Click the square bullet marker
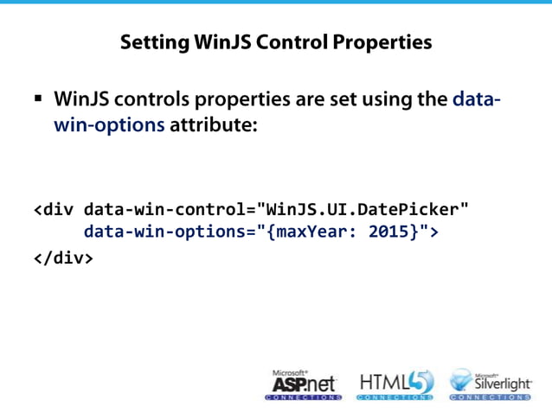38,99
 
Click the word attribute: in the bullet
214,124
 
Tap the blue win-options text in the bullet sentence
109,124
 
